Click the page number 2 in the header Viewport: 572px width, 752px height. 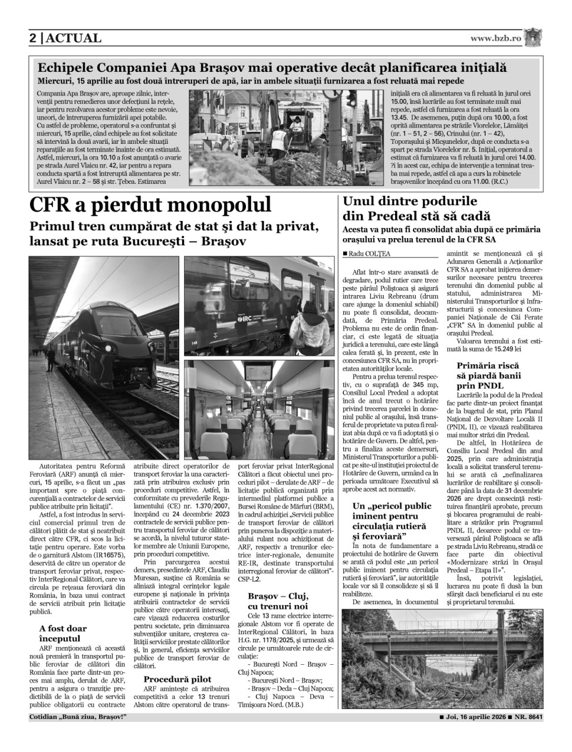pyautogui.click(x=33, y=38)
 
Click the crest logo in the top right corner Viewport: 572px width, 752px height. pyautogui.click(x=533, y=37)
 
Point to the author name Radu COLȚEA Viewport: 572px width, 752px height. pyautogui.click(x=369, y=253)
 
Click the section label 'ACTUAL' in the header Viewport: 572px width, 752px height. pyautogui.click(x=74, y=38)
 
